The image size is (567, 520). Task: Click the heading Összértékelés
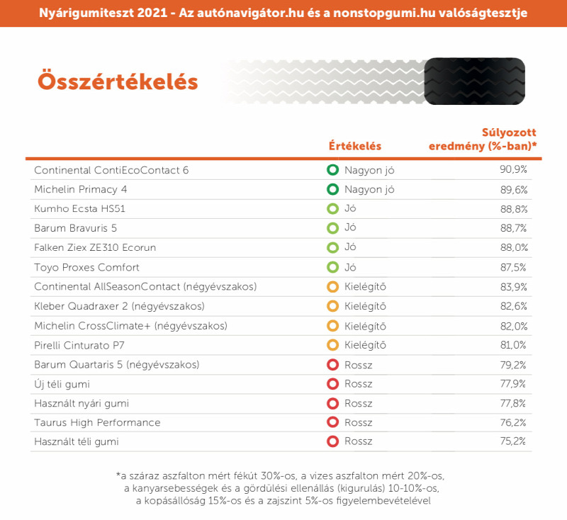pyautogui.click(x=118, y=81)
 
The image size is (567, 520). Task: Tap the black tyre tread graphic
pyautogui.click(x=474, y=81)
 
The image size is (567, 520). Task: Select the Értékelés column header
pyautogui.click(x=355, y=146)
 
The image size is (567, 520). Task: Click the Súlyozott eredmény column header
pyautogui.click(x=483, y=139)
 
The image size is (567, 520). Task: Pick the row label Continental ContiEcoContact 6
pyautogui.click(x=111, y=170)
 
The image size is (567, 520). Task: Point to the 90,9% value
pyautogui.click(x=513, y=169)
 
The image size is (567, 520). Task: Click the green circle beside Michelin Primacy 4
pyautogui.click(x=332, y=189)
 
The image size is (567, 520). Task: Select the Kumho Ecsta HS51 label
pyautogui.click(x=79, y=209)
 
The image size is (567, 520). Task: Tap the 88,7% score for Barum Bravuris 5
pyautogui.click(x=513, y=228)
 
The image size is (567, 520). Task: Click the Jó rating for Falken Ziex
pyautogui.click(x=350, y=247)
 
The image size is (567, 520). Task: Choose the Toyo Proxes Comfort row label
pyautogui.click(x=86, y=267)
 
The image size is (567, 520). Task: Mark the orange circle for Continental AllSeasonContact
pyautogui.click(x=332, y=287)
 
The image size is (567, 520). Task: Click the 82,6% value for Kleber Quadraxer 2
pyautogui.click(x=513, y=306)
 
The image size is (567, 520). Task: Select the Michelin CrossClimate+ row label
pyautogui.click(x=130, y=326)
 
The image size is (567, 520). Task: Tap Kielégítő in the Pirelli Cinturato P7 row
pyautogui.click(x=365, y=345)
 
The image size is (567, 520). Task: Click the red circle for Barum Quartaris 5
pyautogui.click(x=332, y=365)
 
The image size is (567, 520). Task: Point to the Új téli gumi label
pyautogui.click(x=62, y=384)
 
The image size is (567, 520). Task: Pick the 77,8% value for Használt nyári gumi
pyautogui.click(x=512, y=403)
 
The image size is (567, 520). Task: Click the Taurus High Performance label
pyautogui.click(x=97, y=423)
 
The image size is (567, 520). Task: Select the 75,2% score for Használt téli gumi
pyautogui.click(x=512, y=441)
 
